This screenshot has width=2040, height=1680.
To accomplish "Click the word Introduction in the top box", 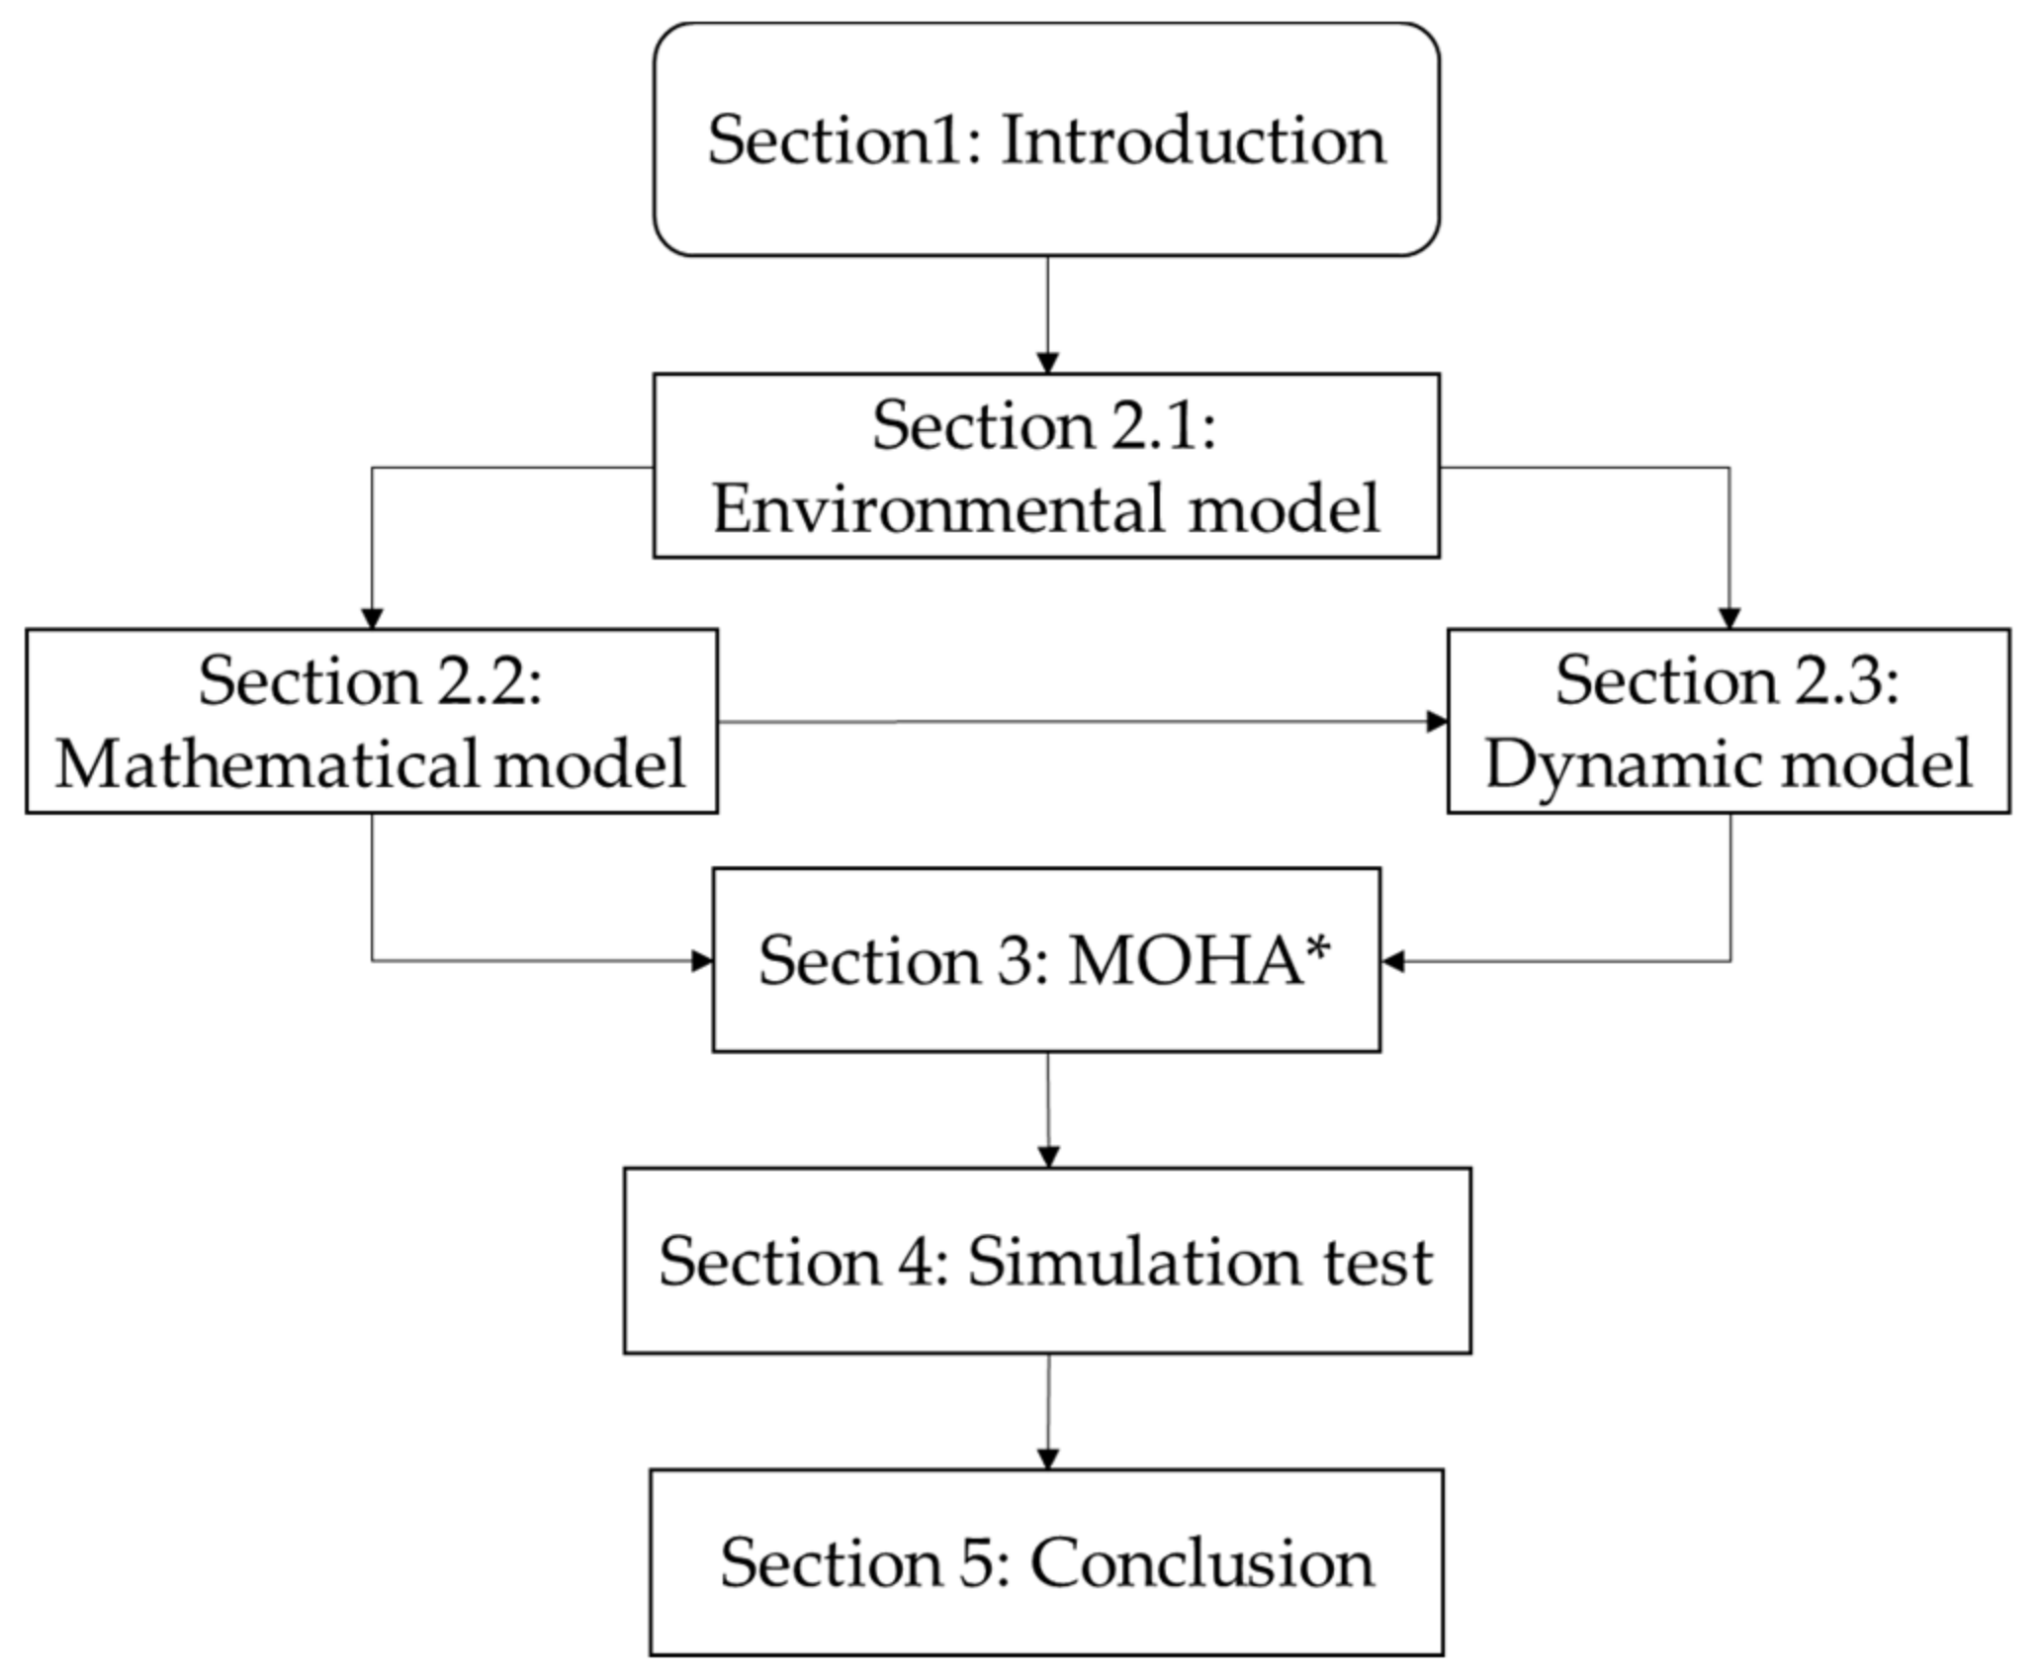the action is click(x=1194, y=141).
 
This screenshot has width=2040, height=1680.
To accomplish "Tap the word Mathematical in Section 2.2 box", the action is click(x=265, y=765).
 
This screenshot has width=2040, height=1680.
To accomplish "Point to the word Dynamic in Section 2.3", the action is click(x=1597, y=765).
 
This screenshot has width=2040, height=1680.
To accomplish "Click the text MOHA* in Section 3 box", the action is click(x=1199, y=961).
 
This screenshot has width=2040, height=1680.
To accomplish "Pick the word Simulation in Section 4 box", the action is click(x=1134, y=1263).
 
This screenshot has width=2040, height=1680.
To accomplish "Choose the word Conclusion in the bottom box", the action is click(x=1201, y=1563).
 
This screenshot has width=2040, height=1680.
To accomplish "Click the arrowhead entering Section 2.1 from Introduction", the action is click(x=1047, y=362).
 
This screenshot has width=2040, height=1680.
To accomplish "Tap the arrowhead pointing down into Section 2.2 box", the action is click(x=372, y=618).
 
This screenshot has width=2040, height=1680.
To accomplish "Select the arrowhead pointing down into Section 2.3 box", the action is click(x=1730, y=618).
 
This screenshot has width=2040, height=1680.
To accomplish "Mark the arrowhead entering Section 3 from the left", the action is click(x=702, y=960).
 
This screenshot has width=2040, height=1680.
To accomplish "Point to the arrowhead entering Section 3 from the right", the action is click(x=1393, y=960).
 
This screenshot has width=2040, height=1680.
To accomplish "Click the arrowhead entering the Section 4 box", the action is click(x=1049, y=1157).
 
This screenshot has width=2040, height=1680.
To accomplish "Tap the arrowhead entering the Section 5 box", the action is click(x=1048, y=1459).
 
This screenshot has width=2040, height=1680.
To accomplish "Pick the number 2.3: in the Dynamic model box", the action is click(x=1846, y=682).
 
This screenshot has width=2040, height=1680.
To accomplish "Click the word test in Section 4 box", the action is click(x=1378, y=1263).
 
